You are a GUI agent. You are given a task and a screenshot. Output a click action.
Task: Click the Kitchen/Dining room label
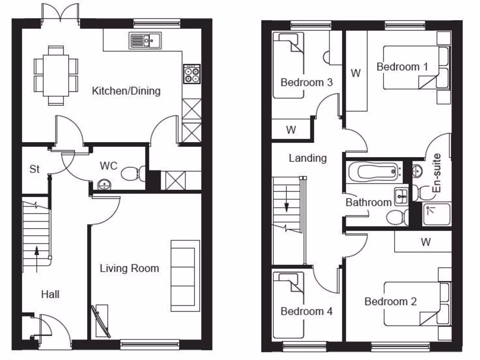(126, 90)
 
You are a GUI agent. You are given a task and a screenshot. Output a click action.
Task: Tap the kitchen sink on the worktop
(144, 41)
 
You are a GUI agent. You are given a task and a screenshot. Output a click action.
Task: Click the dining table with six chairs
(56, 75)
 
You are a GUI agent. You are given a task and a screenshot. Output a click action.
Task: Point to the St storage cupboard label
(34, 169)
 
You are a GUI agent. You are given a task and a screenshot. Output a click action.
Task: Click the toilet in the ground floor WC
(131, 174)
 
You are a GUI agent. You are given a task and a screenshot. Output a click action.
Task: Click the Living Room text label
(129, 268)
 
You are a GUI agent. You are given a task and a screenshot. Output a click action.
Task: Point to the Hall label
(50, 294)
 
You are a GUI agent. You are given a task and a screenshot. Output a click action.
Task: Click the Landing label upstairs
(307, 158)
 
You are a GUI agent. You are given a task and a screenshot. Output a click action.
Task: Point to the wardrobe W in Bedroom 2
(425, 242)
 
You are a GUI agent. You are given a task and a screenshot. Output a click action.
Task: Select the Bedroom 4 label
(307, 311)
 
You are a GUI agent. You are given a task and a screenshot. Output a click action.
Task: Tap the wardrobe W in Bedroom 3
(291, 129)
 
